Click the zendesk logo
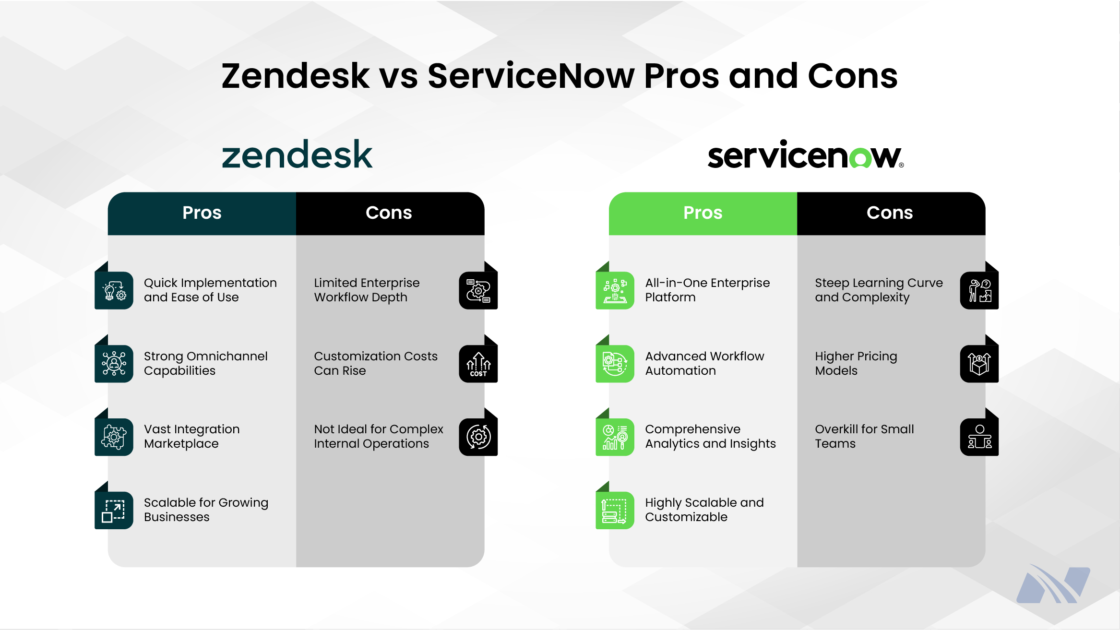pos(297,155)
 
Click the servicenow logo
pos(805,155)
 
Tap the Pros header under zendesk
pos(202,213)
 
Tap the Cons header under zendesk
pos(389,213)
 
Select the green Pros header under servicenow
pos(703,213)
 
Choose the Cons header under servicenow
pos(890,213)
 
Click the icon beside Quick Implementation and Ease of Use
pos(114,290)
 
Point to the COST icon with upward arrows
pos(478,364)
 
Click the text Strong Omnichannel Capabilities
pos(205,363)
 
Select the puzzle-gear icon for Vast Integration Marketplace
pos(114,437)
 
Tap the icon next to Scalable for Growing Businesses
pos(114,510)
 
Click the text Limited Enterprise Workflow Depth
pos(367,290)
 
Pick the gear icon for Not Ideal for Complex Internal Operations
pos(478,437)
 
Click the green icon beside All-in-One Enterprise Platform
pos(615,290)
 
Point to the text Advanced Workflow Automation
pos(704,363)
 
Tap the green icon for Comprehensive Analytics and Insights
pos(615,437)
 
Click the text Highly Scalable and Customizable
pos(704,510)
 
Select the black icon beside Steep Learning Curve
pos(979,290)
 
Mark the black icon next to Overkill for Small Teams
pos(979,437)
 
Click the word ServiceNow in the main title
pos(531,76)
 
